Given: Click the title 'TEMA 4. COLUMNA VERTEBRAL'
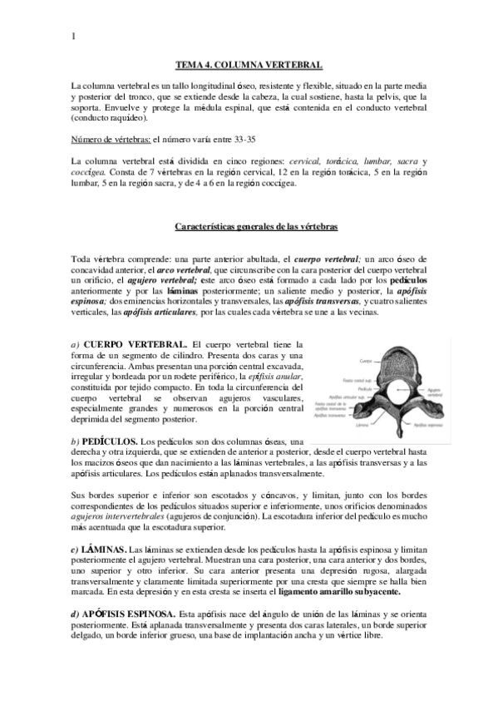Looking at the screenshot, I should click(x=249, y=64).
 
